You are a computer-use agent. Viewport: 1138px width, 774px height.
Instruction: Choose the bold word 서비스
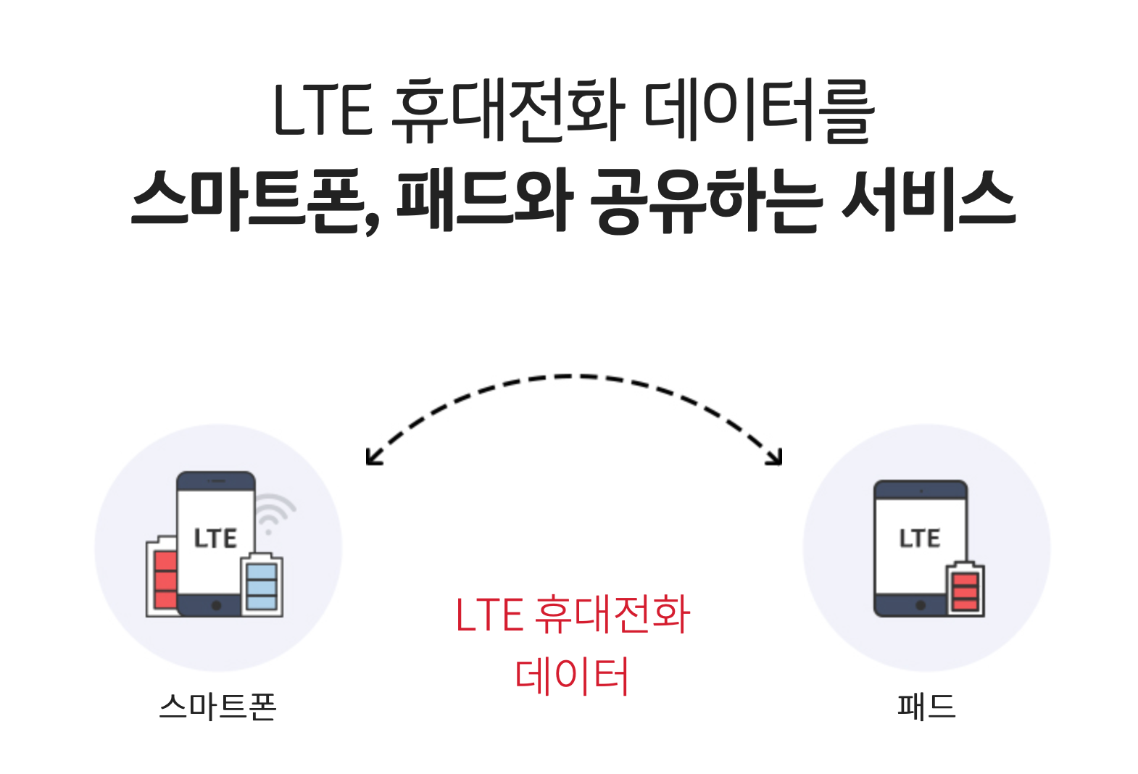coord(928,200)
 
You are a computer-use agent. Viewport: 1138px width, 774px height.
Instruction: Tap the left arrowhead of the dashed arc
coord(373,457)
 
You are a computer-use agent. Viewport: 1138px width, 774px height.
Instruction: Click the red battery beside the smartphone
coord(164,576)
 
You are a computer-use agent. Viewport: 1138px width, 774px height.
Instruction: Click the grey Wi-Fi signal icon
coord(274,512)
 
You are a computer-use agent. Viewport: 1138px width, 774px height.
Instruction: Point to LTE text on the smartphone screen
coord(215,538)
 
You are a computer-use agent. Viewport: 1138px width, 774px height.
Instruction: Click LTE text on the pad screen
coord(920,538)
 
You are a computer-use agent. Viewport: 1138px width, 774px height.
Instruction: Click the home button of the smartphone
coord(216,605)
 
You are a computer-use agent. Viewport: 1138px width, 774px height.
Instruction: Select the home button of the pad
coord(921,605)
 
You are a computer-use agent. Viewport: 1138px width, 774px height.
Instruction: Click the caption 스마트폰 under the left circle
coord(217,707)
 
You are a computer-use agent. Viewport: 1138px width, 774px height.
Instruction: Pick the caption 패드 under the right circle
coord(926,707)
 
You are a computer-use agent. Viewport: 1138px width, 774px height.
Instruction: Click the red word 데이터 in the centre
coord(572,675)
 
